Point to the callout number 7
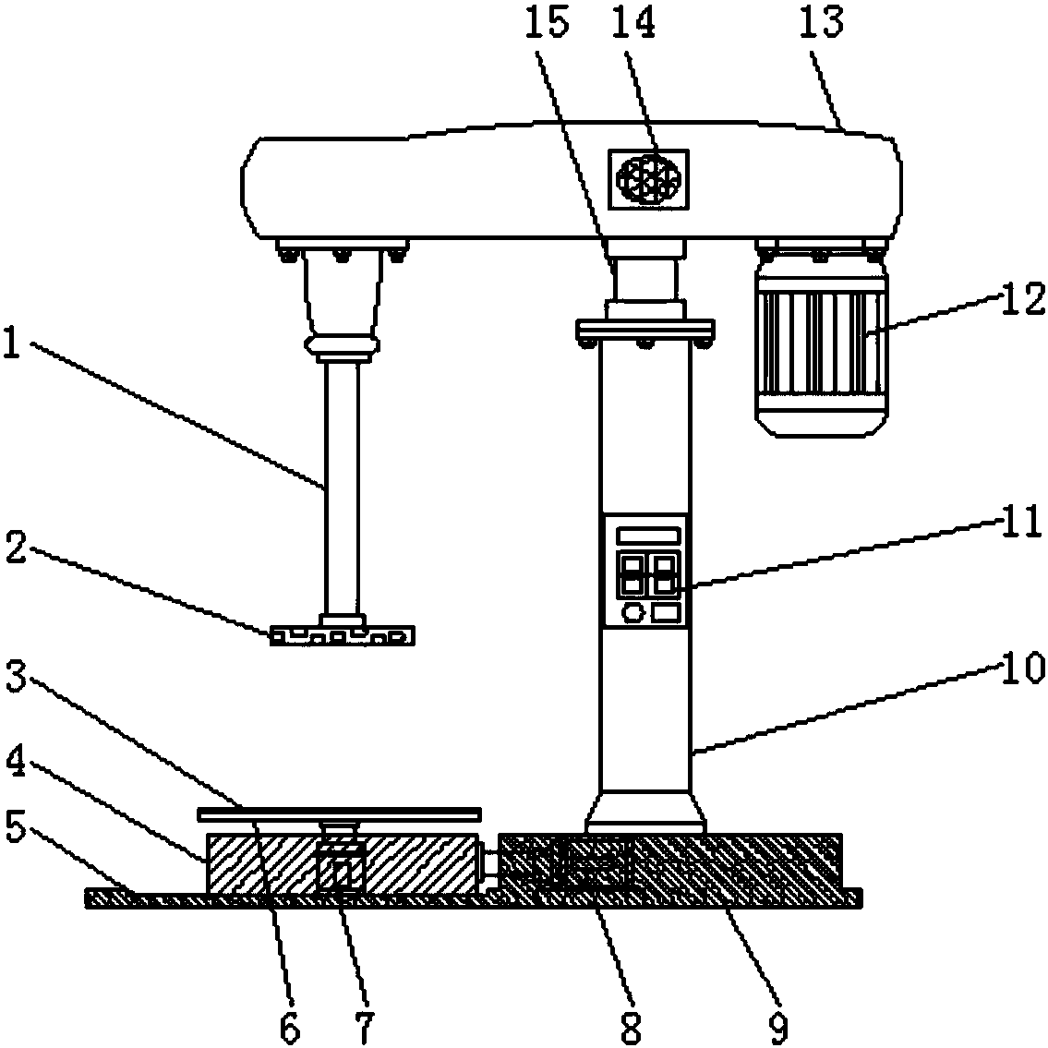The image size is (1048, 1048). tap(364, 1027)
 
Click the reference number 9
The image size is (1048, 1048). tap(777, 1027)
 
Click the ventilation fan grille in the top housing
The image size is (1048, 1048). tap(647, 179)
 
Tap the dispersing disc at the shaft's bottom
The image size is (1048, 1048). tap(343, 635)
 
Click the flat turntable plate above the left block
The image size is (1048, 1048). tap(340, 814)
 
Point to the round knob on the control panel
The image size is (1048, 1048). tap(632, 612)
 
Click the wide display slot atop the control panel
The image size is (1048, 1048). tap(649, 536)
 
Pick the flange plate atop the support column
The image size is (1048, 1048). tap(645, 330)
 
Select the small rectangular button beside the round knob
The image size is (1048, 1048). tap(666, 612)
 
